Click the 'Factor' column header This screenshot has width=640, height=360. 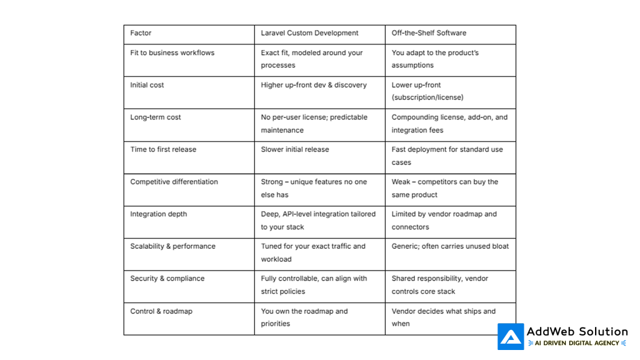(x=141, y=33)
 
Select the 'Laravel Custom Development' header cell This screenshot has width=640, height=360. (x=309, y=33)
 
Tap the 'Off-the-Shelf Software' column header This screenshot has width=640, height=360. (x=429, y=33)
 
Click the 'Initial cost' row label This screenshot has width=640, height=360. (x=147, y=85)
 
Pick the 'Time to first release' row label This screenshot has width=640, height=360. (x=163, y=149)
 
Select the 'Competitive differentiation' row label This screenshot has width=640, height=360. (x=174, y=182)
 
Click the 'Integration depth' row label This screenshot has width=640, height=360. (x=158, y=214)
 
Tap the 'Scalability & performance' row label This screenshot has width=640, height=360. (x=172, y=246)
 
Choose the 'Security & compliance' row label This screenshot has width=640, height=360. (x=167, y=279)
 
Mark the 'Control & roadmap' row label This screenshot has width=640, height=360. (x=161, y=311)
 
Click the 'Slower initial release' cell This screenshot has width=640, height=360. (x=294, y=149)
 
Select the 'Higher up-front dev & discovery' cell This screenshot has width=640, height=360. (x=314, y=85)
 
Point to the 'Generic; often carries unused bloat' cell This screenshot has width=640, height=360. (x=450, y=246)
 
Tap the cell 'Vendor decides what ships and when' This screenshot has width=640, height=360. (x=443, y=317)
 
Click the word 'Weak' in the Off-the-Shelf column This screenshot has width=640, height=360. (x=401, y=182)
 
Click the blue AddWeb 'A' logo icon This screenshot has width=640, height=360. (x=511, y=336)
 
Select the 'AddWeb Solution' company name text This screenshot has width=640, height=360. (x=577, y=331)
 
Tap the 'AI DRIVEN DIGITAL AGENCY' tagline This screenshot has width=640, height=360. (x=577, y=343)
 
